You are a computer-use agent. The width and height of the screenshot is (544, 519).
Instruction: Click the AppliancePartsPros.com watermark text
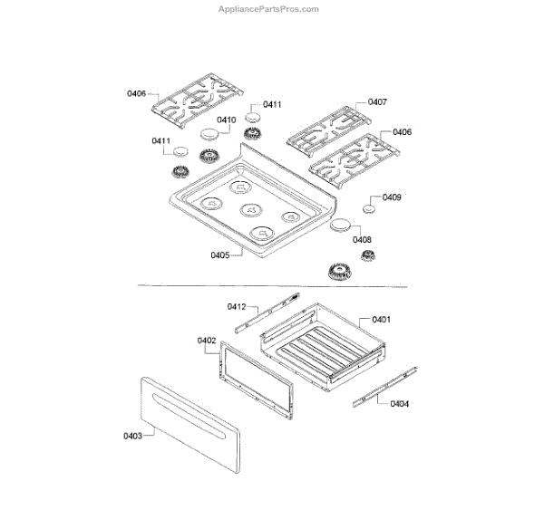coord(268,9)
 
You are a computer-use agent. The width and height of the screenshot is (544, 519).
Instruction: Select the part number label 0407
coord(378,101)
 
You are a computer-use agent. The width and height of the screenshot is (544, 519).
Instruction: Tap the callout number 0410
coord(226,120)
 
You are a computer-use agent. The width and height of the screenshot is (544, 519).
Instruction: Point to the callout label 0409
coord(393,197)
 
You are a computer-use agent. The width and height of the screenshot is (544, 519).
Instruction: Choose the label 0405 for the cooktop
coord(219,255)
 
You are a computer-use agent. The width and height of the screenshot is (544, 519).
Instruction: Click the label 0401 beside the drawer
coord(381,320)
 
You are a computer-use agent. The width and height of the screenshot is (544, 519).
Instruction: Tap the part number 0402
coord(206,341)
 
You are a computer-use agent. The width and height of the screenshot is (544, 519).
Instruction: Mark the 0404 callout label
coord(399,404)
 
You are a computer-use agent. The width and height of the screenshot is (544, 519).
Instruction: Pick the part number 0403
coord(132,437)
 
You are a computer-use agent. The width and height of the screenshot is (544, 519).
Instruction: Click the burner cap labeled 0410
coord(210,134)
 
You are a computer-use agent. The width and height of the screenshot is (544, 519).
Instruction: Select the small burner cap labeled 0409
coord(369,209)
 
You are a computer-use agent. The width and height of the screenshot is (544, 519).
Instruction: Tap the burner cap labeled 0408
coord(341,225)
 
